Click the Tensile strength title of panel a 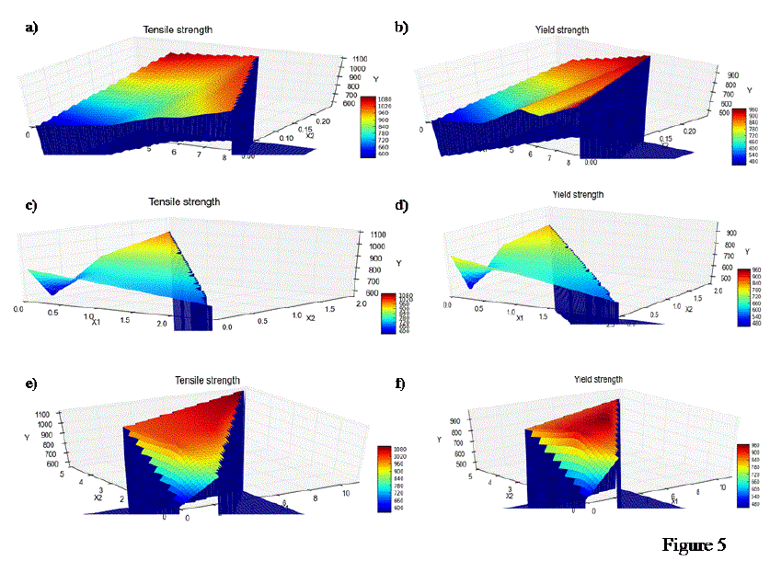click(177, 30)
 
